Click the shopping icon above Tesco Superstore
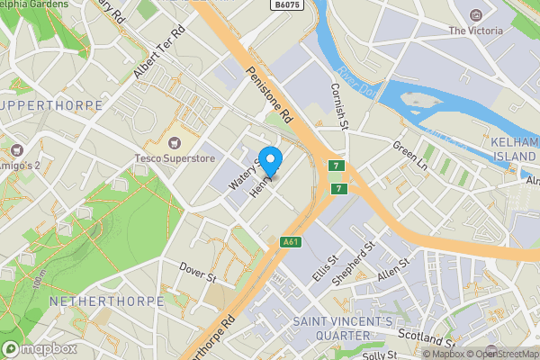(174, 142)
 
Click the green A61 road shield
(290, 241)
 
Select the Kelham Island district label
(515, 151)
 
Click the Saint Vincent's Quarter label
(343, 328)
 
